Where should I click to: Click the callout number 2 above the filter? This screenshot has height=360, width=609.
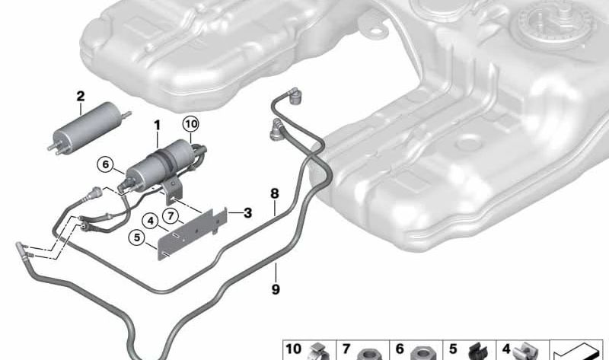point(81,97)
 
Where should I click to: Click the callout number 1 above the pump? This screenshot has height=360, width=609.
point(157,126)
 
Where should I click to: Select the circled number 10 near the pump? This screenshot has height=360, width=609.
point(191,124)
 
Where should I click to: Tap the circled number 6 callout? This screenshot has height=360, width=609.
point(105,164)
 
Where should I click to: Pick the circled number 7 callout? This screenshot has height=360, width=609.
point(171,215)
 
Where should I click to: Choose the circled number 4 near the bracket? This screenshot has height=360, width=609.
point(150,221)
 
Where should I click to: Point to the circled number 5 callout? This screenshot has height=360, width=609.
point(137,237)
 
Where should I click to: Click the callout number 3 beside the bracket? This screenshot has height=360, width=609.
point(247,213)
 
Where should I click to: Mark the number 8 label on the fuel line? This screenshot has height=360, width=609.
point(275,193)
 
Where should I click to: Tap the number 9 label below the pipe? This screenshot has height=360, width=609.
point(276,289)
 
